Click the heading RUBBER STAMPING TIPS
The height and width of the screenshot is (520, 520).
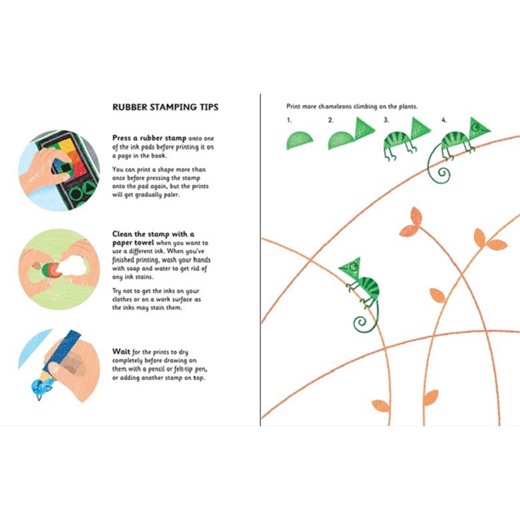click(165, 107)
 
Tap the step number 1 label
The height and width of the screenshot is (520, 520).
click(289, 120)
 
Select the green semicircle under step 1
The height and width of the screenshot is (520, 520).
click(300, 140)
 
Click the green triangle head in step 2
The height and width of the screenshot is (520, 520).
click(364, 128)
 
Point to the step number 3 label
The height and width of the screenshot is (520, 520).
click(386, 120)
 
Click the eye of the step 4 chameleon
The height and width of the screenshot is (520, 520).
click(476, 125)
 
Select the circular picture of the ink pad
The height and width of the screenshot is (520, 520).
click(59, 170)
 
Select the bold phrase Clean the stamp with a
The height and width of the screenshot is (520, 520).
click(153, 234)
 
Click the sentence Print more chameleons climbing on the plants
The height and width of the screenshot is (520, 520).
click(352, 106)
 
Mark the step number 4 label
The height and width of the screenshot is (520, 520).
click(444, 120)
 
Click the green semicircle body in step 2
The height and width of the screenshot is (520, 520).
click(341, 140)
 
